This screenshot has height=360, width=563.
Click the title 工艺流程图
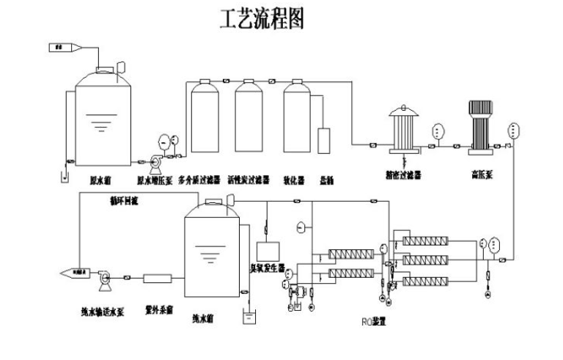point(262,20)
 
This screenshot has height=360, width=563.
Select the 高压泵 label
point(482,175)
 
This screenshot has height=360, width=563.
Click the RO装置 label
point(375,320)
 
